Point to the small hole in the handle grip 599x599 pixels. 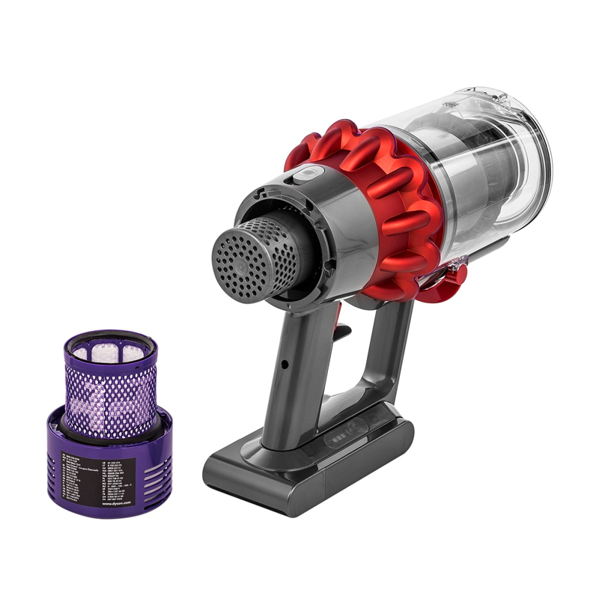pos(285,365)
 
